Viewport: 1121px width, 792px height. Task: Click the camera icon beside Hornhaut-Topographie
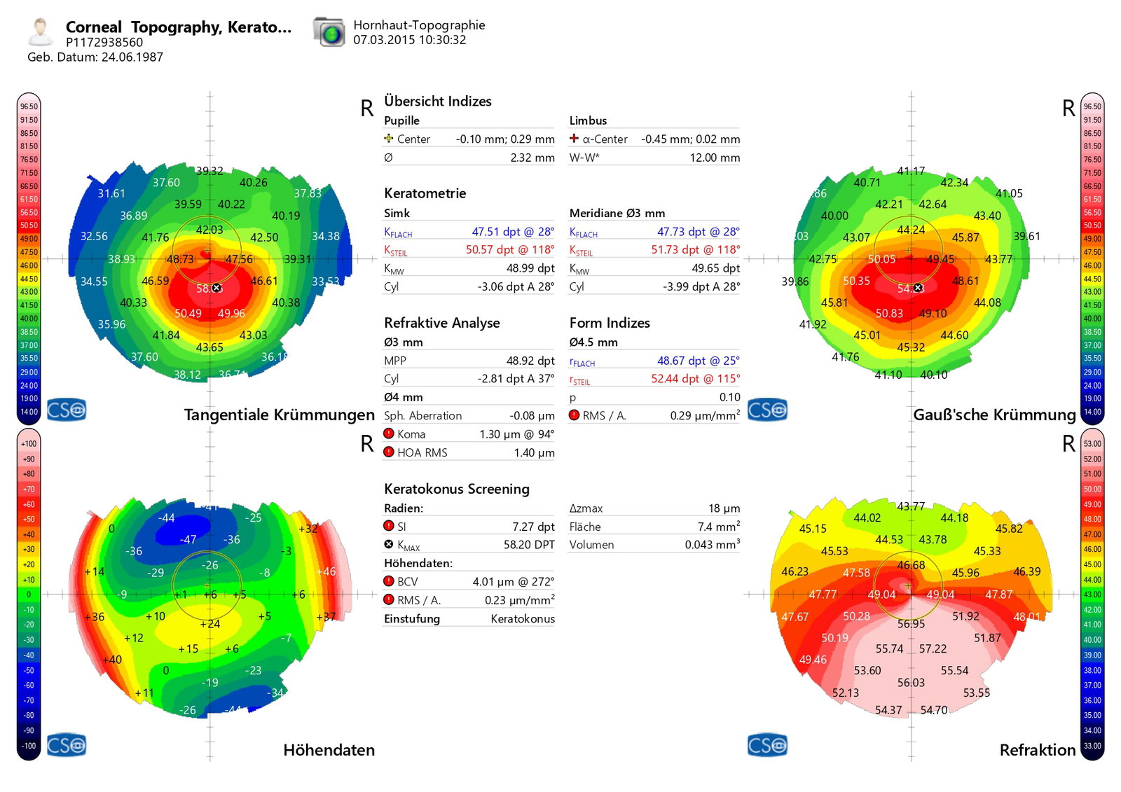pos(329,32)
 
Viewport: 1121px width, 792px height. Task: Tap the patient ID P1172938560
pos(104,43)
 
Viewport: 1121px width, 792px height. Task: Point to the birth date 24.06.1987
pos(132,57)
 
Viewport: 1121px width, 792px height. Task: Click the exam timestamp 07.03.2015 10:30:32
pos(409,40)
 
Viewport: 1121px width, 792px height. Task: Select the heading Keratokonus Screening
pos(456,489)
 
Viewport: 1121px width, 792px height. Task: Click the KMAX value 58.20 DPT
pos(529,545)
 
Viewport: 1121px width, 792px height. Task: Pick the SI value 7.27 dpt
pos(533,527)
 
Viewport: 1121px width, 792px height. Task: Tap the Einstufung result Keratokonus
pos(523,619)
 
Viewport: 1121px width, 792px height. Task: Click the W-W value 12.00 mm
pos(715,158)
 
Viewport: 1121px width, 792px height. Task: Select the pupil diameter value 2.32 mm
pos(532,158)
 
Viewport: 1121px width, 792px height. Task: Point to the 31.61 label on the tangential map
pos(111,194)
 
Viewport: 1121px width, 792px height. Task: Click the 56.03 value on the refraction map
pos(911,683)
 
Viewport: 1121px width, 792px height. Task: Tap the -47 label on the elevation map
pos(187,540)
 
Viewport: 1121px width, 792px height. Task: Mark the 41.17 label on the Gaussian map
pos(911,172)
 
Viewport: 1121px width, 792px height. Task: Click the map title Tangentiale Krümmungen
pos(279,415)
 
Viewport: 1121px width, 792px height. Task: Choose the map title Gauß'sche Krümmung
pos(993,415)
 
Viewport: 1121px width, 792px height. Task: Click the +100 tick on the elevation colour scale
pos(29,444)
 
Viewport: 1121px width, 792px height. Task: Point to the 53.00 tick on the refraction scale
pos(1092,444)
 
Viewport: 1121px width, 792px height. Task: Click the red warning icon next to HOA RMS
pos(389,452)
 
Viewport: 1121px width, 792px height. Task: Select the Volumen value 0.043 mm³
pos(712,545)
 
